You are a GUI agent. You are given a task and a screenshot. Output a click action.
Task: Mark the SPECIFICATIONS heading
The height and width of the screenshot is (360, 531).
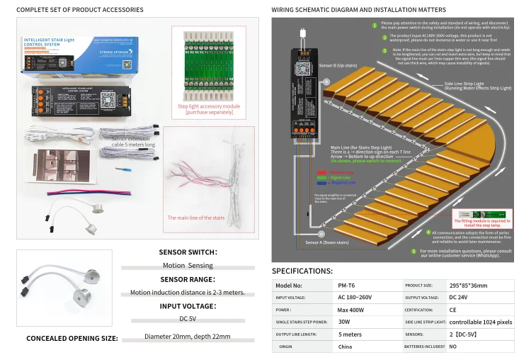302,271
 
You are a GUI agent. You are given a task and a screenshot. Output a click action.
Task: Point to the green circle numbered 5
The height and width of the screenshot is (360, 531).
413,251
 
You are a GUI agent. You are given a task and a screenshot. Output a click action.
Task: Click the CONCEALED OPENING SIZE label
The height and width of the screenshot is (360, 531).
72,338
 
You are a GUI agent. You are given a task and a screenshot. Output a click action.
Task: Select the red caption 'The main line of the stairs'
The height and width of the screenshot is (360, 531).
196,218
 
